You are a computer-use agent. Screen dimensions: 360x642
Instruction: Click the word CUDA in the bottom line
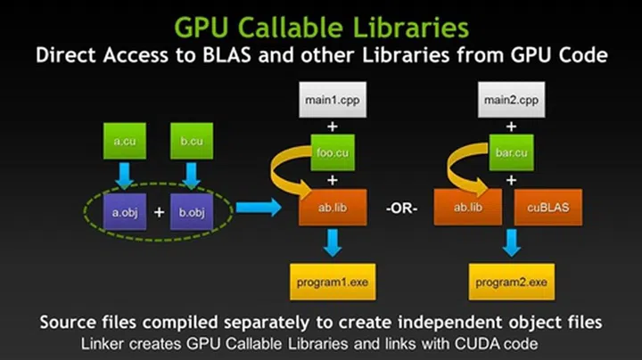[x=474, y=341]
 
